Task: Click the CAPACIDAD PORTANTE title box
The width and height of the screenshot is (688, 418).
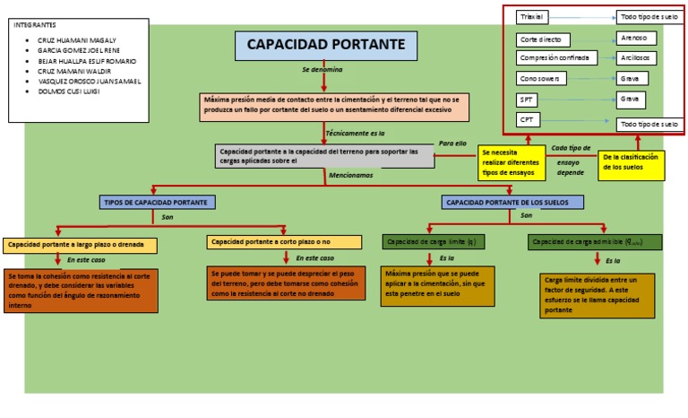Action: (x=325, y=45)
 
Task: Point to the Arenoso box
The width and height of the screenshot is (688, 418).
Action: (x=637, y=39)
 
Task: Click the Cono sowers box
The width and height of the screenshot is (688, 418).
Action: (x=541, y=79)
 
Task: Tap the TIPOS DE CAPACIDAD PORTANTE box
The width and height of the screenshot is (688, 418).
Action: (x=156, y=203)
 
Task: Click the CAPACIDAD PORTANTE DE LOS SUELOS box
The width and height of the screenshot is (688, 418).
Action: (x=513, y=203)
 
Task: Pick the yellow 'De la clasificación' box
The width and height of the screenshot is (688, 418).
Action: (x=632, y=161)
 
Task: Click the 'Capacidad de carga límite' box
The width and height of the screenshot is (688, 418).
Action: (x=434, y=242)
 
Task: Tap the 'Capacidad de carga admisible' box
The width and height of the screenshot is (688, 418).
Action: (x=595, y=242)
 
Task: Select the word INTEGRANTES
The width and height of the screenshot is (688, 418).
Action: (x=35, y=24)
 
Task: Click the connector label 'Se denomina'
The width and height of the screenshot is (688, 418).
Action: (x=322, y=69)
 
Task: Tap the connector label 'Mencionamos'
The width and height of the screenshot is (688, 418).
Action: (x=351, y=176)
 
